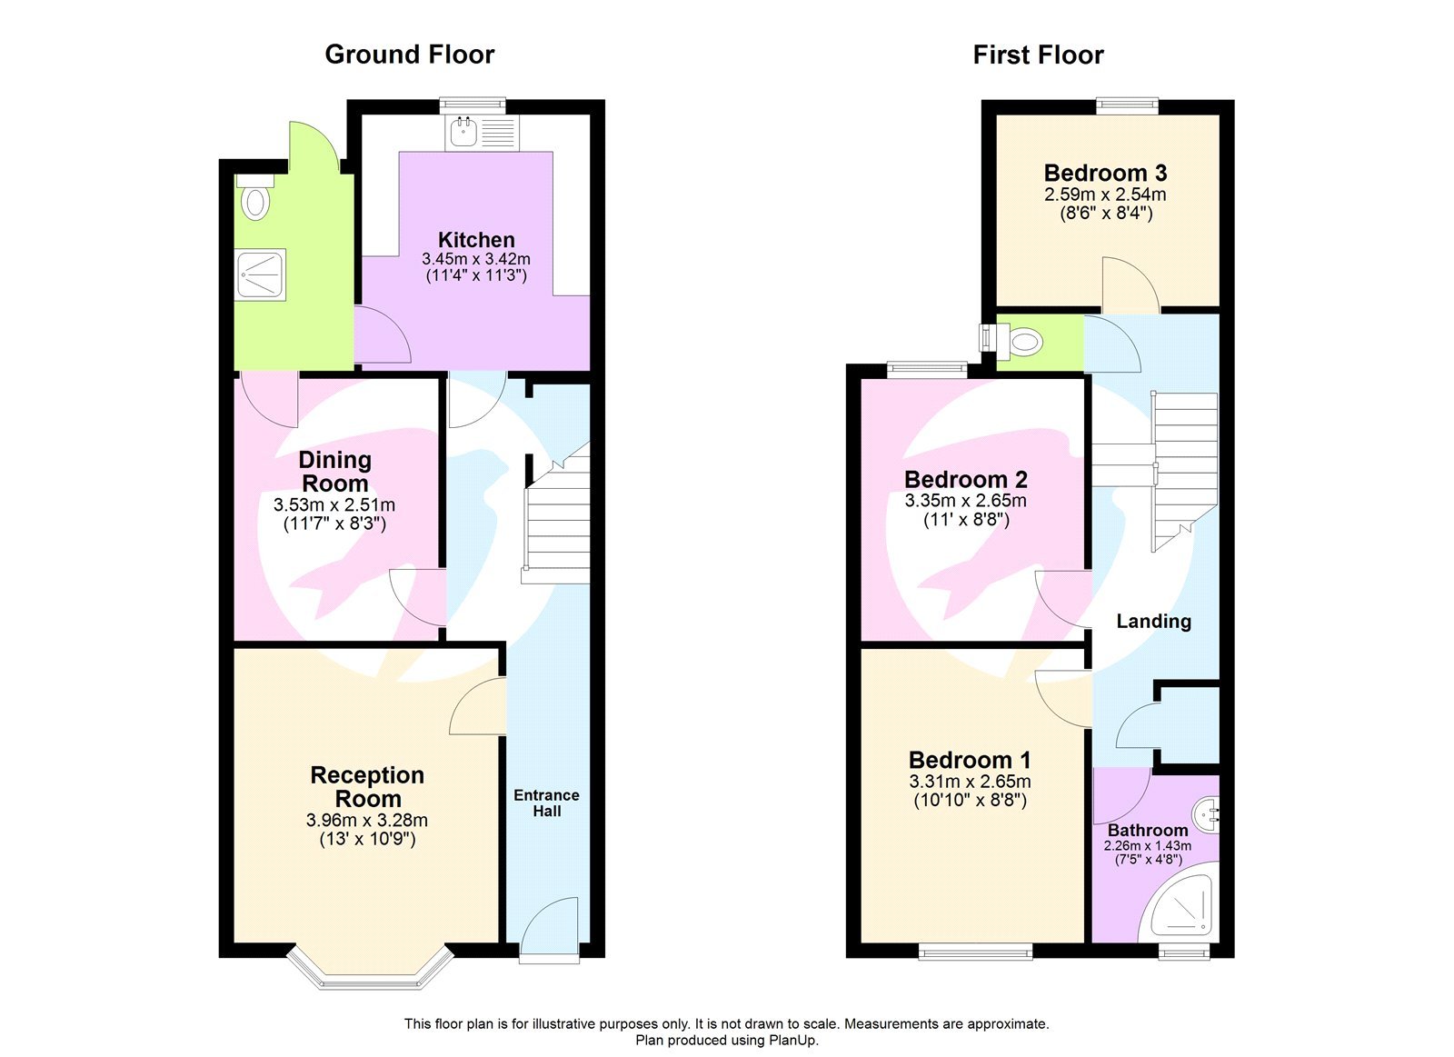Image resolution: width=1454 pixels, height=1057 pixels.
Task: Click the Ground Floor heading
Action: tap(409, 55)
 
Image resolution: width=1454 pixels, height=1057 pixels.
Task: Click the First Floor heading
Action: tap(1038, 55)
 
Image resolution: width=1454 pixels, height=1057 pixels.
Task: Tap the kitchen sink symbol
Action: tap(464, 133)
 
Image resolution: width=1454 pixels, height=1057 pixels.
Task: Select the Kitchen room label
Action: tap(476, 240)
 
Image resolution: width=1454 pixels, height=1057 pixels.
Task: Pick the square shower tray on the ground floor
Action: tap(261, 274)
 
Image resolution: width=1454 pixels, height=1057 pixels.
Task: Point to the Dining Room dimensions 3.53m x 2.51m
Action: tap(334, 504)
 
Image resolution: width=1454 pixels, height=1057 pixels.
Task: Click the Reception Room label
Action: tap(367, 787)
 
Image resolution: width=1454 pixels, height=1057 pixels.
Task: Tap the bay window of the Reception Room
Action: tap(370, 970)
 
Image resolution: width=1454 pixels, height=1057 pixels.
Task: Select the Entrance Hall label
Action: tap(546, 803)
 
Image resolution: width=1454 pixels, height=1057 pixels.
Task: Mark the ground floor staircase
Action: tap(556, 523)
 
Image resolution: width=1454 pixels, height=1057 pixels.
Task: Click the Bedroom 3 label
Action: tap(1105, 173)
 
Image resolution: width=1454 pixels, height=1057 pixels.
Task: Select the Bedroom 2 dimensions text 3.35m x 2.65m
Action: tap(965, 501)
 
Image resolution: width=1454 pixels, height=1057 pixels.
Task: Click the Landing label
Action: tap(1153, 621)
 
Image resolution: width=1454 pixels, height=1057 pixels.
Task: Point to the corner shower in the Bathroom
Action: tap(1180, 908)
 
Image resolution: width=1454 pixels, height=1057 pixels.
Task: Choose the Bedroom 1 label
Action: tap(970, 760)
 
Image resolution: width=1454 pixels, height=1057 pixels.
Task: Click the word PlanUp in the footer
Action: tap(792, 1040)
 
